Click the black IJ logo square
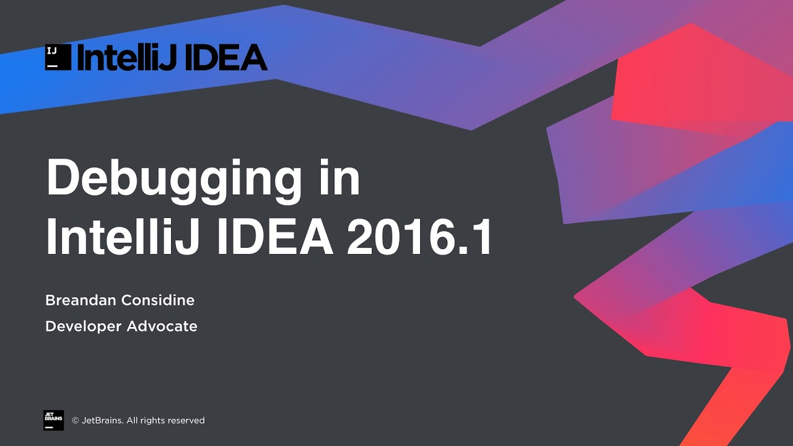(57, 58)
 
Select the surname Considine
(157, 300)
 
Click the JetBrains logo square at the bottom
(53, 420)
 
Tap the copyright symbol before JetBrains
(76, 421)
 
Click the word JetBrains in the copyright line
(102, 421)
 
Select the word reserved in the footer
(185, 421)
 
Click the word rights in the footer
(152, 421)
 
